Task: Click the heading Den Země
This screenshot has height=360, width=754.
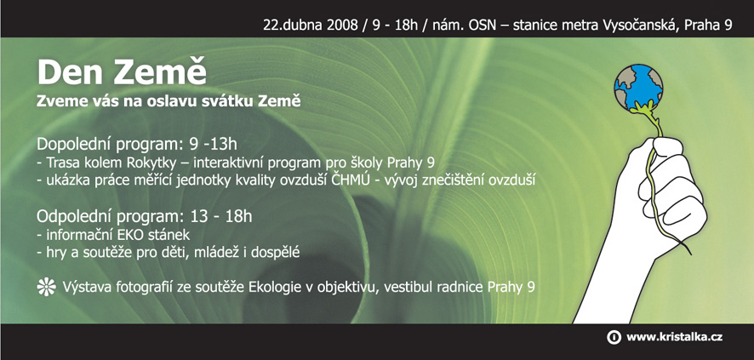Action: [x=122, y=73]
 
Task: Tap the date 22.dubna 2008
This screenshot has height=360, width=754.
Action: [x=310, y=25]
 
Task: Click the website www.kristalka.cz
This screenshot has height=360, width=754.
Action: [x=674, y=337]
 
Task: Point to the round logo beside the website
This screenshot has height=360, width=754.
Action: [x=614, y=337]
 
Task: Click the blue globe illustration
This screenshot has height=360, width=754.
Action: [x=638, y=88]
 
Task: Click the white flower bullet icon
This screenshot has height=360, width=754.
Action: [x=46, y=287]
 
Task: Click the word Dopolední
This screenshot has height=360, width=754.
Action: [x=72, y=145]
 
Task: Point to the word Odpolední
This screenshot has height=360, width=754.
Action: [x=72, y=217]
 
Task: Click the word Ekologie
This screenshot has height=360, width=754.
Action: [x=277, y=288]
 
